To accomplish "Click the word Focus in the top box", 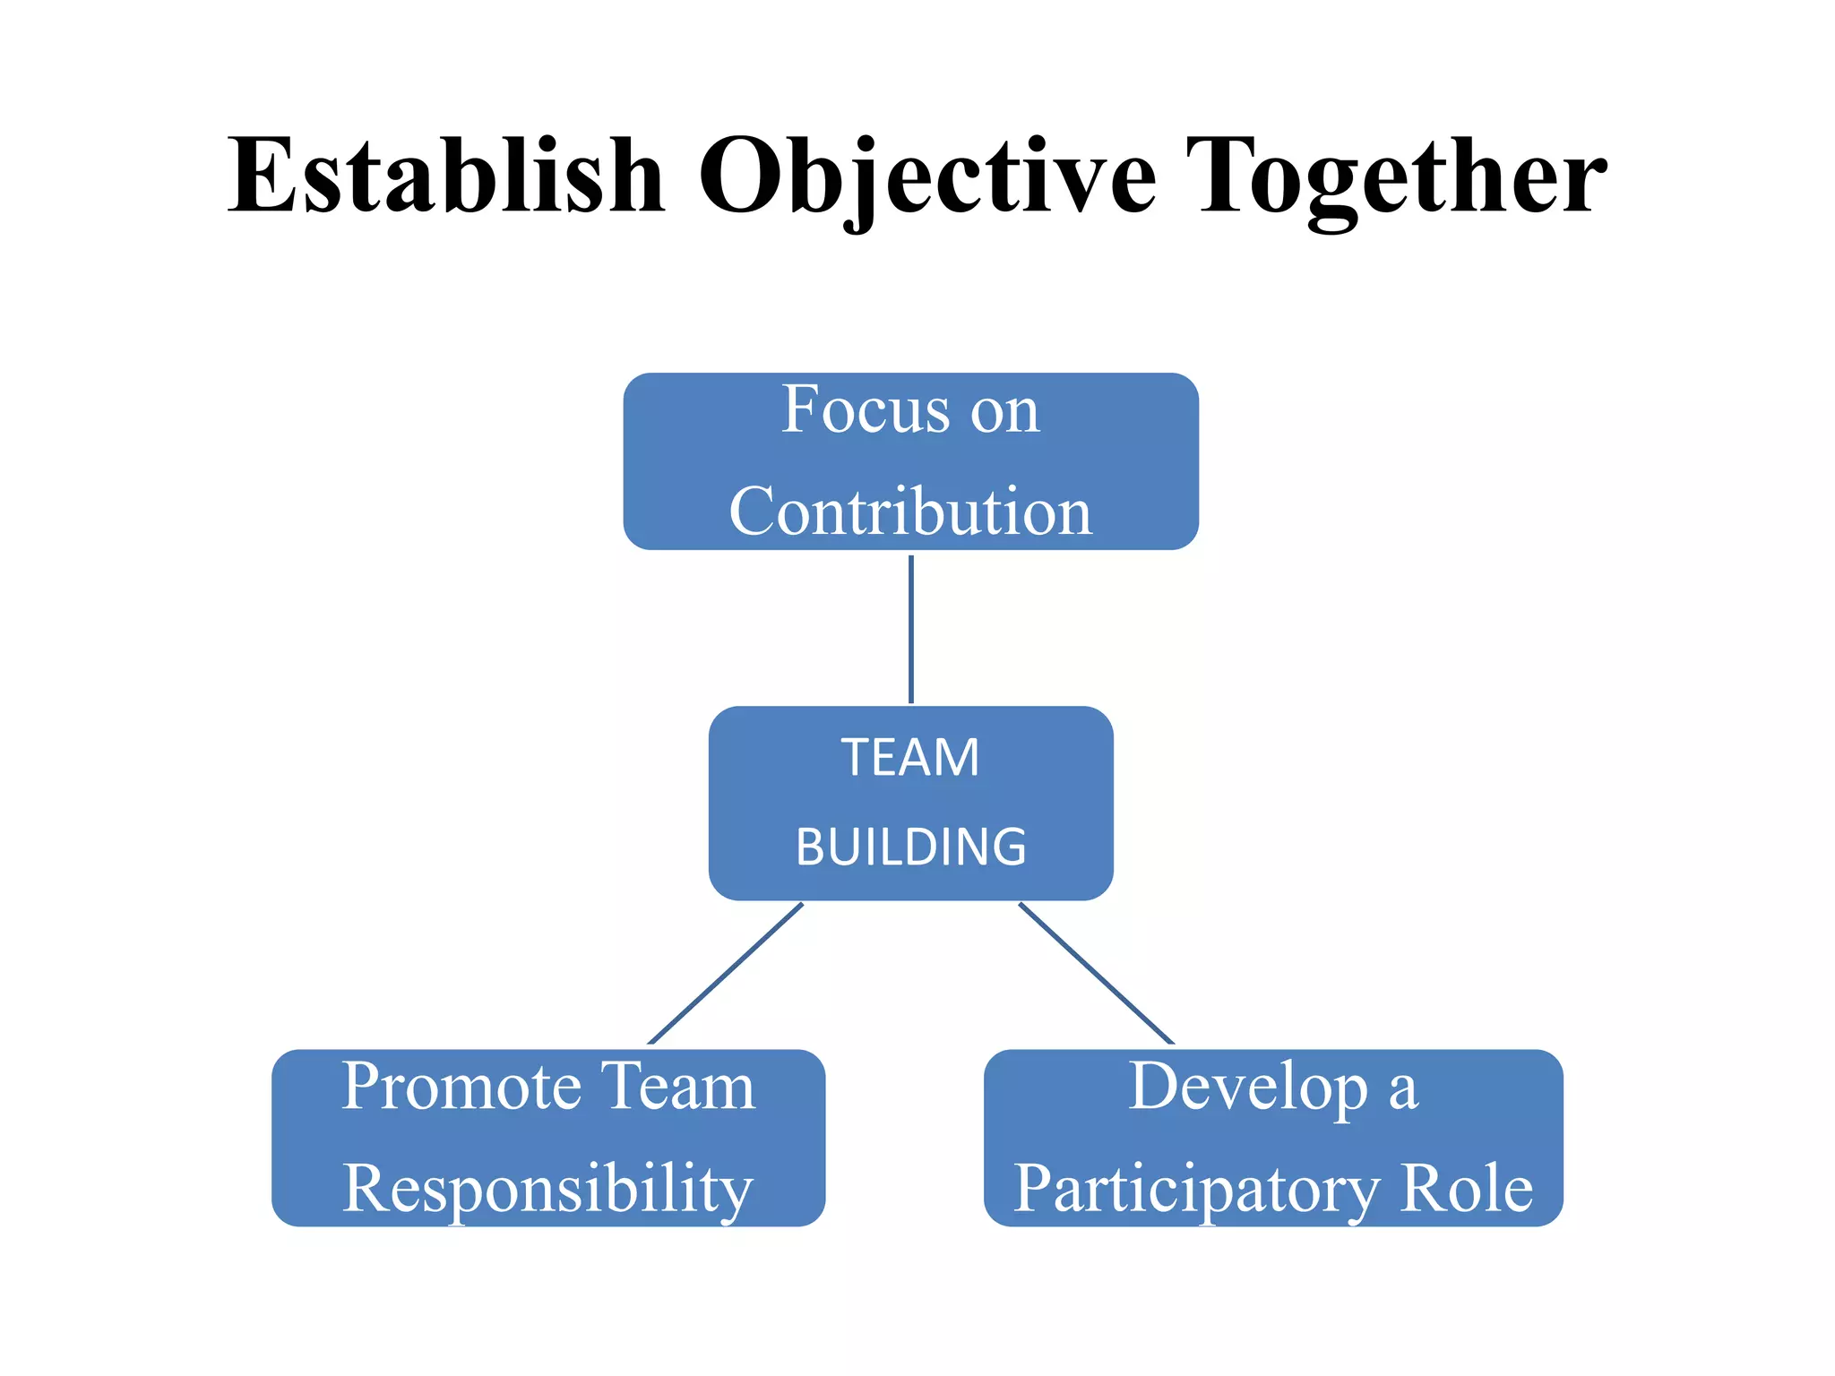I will coord(865,409).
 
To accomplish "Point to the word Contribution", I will coord(910,512).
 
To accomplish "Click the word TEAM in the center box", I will coord(910,757).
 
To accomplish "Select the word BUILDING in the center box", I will coord(910,847).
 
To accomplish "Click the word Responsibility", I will coord(547,1189).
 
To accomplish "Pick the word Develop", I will coord(1247,1087).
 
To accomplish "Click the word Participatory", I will coord(1196,1189).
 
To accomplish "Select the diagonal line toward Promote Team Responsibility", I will coord(725,974).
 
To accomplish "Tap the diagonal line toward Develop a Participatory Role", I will coord(1096,974).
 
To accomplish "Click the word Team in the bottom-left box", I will coord(677,1087).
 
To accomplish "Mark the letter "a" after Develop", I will coord(1404,1090).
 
